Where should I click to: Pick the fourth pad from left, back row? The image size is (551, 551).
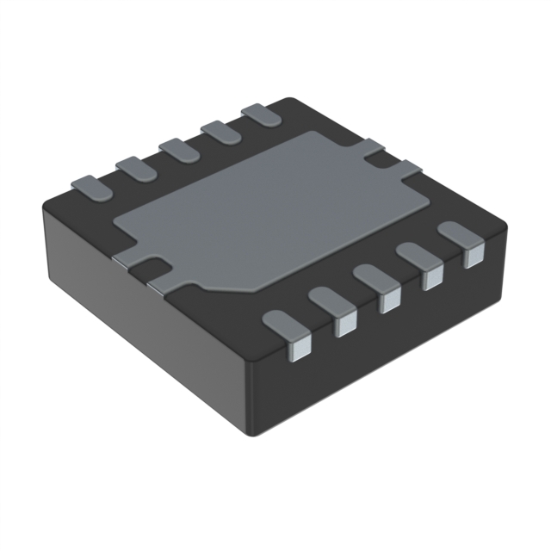222,131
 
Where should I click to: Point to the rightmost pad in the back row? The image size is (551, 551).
261,115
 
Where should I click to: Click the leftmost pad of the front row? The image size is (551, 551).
288,326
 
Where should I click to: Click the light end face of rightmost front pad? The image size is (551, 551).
472,257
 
